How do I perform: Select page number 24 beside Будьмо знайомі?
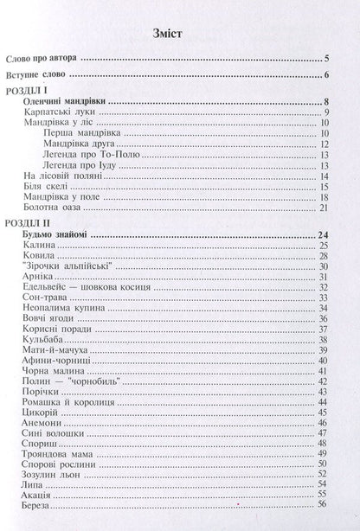(x=323, y=235)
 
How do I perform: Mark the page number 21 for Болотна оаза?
(x=324, y=207)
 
